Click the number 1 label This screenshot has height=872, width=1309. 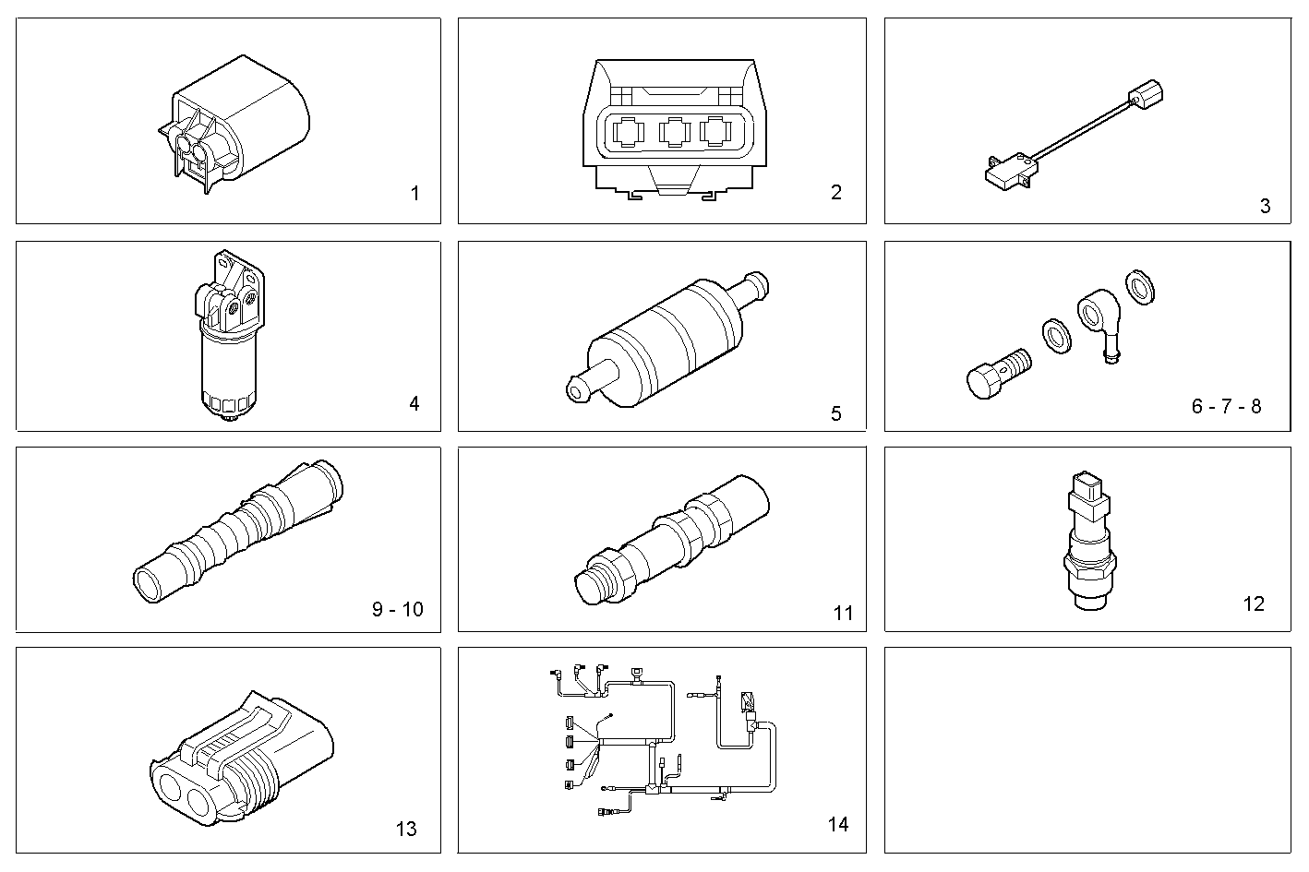414,194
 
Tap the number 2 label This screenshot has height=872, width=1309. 835,192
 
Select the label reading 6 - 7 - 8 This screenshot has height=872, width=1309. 1226,406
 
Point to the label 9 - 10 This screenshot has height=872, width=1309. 398,609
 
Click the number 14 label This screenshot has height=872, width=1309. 837,824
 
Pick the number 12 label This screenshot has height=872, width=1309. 1253,603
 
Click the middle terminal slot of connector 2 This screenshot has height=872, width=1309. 675,133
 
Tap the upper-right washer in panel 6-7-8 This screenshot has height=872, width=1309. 1141,288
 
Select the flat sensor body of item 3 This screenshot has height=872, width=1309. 1008,173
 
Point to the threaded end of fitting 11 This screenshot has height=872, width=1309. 592,582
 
